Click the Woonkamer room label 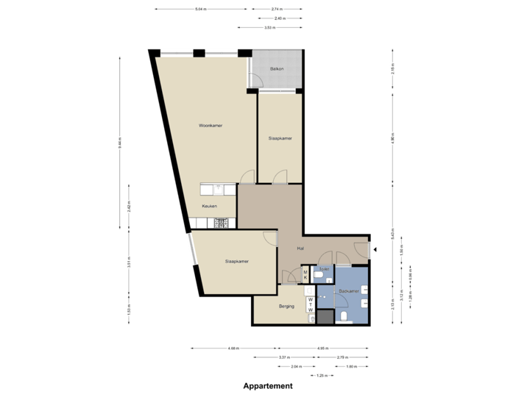pyautogui.click(x=211, y=126)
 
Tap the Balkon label pyautogui.click(x=278, y=68)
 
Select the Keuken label pyautogui.click(x=209, y=207)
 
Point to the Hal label pyautogui.click(x=301, y=248)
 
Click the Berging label pyautogui.click(x=286, y=306)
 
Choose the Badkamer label pyautogui.click(x=348, y=291)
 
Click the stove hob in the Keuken pyautogui.click(x=221, y=222)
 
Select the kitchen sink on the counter pyautogui.click(x=218, y=189)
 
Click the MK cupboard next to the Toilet pyautogui.click(x=305, y=276)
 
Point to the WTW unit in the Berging pyautogui.click(x=311, y=305)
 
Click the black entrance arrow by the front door pyautogui.click(x=375, y=250)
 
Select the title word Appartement pyautogui.click(x=268, y=385)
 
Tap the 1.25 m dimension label pyautogui.click(x=322, y=375)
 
